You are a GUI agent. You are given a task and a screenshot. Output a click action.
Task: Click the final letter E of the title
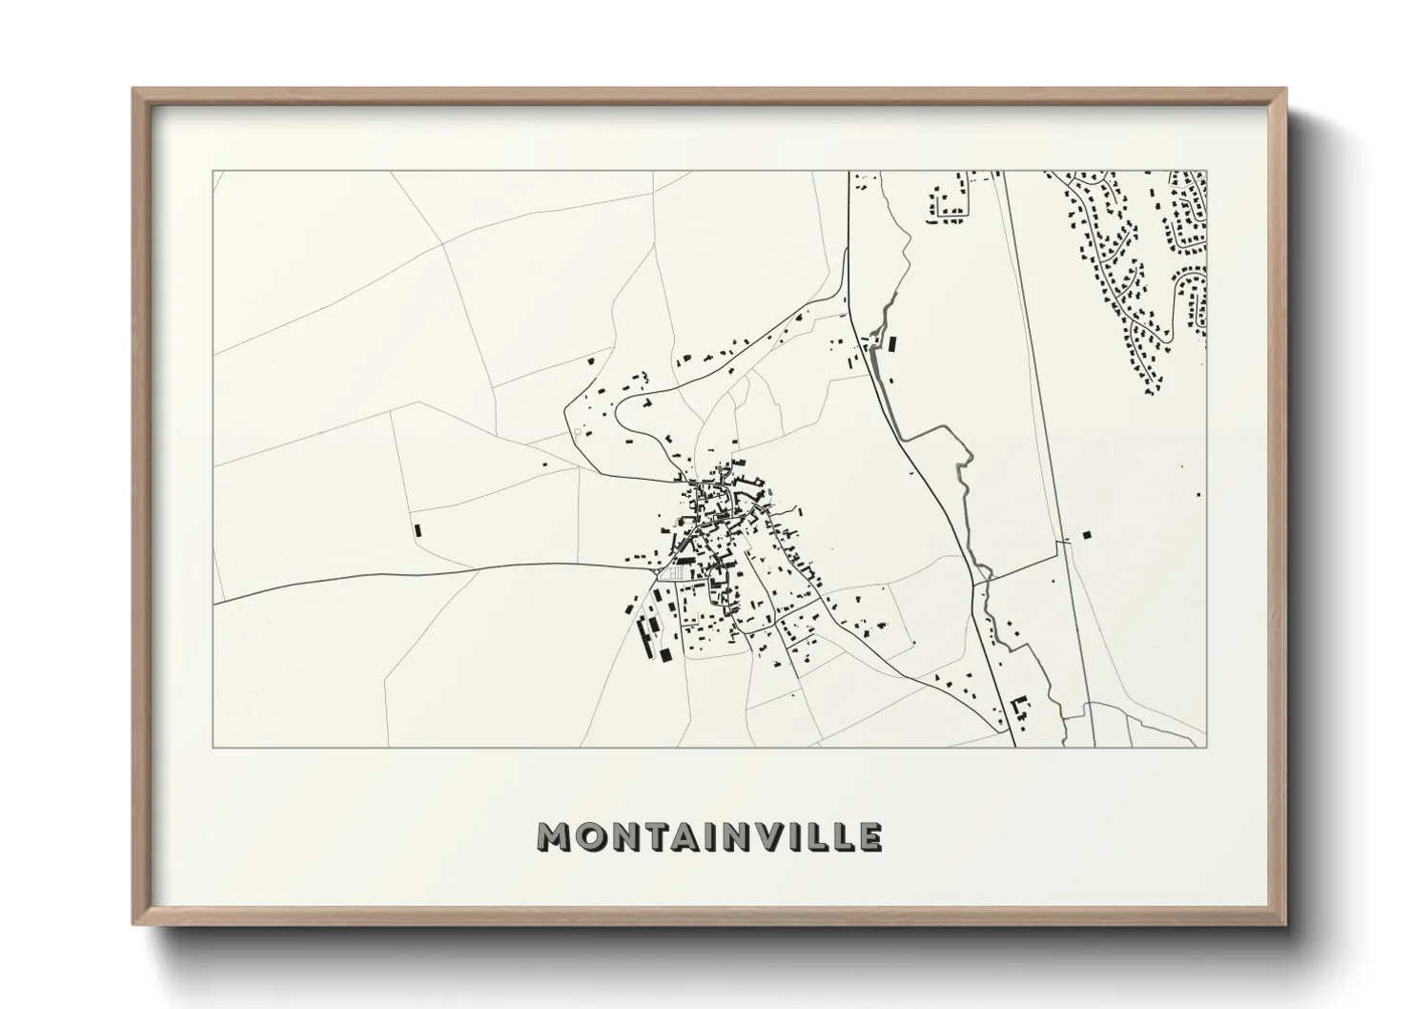click(869, 836)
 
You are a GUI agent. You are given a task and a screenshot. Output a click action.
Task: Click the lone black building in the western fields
click(417, 528)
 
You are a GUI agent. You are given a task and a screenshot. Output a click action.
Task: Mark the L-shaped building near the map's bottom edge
click(1019, 707)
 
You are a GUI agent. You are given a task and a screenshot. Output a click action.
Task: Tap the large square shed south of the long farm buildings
click(665, 655)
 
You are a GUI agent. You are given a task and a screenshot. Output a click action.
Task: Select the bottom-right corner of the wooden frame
click(1284, 923)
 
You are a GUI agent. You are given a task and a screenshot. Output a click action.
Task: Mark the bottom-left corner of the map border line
click(213, 747)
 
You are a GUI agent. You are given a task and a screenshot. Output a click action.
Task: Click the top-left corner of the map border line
click(213, 172)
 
